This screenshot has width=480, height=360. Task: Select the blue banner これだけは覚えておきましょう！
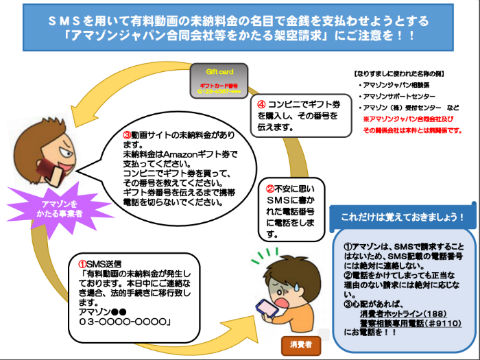coord(397,216)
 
